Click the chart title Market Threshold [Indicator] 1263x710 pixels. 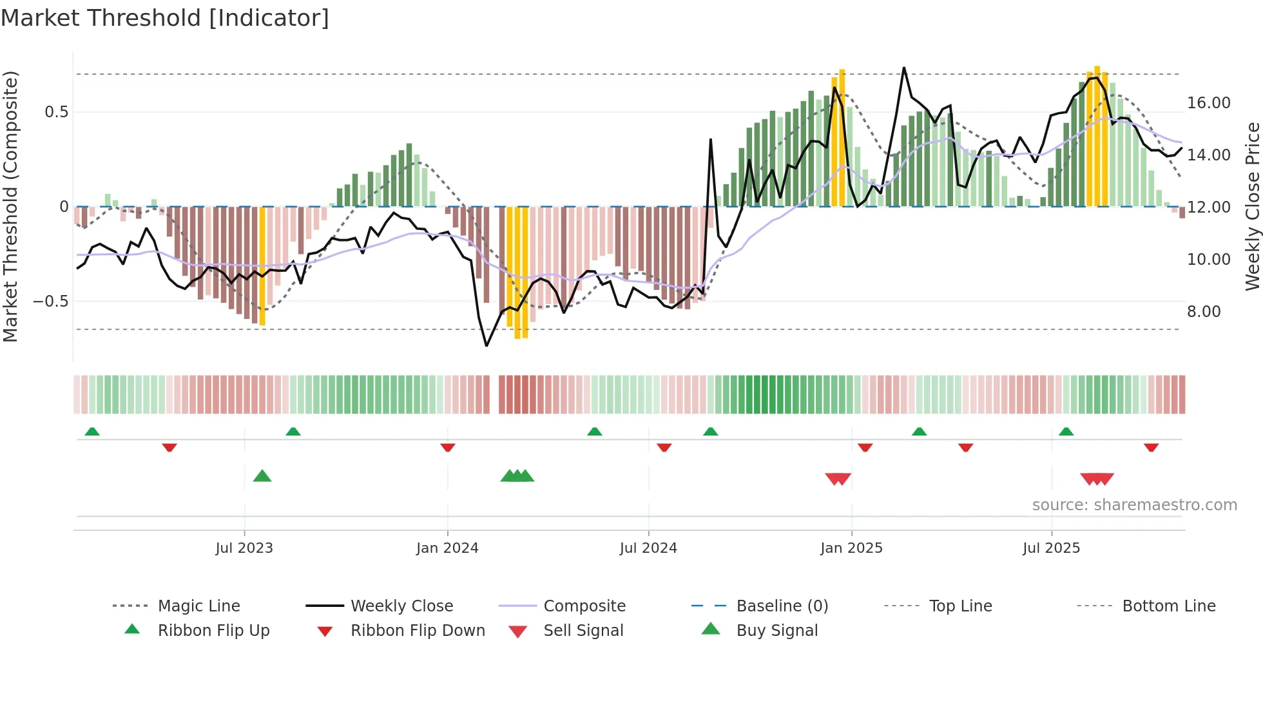(x=165, y=18)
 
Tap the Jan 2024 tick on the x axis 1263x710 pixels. (x=447, y=548)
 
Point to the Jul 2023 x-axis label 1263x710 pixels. (x=244, y=548)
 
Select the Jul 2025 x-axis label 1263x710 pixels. (x=1051, y=548)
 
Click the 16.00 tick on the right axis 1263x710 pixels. (x=1208, y=103)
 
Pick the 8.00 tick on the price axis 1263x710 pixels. (x=1204, y=312)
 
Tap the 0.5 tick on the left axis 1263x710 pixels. (x=56, y=112)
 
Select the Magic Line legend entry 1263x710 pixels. (x=198, y=606)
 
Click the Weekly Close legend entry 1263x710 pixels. (x=401, y=606)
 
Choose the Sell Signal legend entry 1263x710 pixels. (x=583, y=631)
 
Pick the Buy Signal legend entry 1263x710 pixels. (x=776, y=631)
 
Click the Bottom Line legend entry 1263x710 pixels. (x=1168, y=606)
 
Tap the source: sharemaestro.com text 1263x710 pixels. (x=1134, y=505)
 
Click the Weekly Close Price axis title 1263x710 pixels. (x=1252, y=206)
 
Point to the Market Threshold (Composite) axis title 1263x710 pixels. (x=10, y=206)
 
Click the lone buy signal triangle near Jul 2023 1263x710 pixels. (x=262, y=477)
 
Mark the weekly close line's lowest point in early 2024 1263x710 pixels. (x=487, y=346)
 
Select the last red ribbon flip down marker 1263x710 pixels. (x=1151, y=447)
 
